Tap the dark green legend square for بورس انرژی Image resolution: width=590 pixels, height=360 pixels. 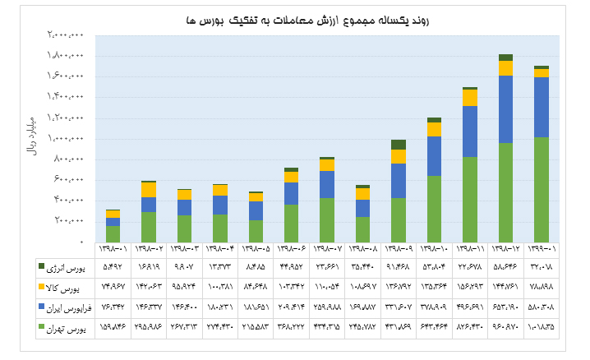tap(42, 266)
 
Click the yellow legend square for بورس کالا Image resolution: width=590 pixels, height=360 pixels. tap(42, 286)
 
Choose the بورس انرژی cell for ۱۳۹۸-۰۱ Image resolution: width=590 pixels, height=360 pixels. tap(113, 267)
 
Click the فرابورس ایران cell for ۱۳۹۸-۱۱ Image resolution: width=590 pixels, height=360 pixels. tap(470, 307)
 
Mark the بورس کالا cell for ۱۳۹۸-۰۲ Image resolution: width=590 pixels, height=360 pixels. tap(149, 287)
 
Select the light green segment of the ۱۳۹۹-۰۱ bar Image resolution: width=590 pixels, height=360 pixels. tap(541, 189)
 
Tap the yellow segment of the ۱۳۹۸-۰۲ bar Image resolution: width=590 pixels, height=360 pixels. tap(149, 190)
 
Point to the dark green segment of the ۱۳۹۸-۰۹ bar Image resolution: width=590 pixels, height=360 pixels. tap(399, 145)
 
